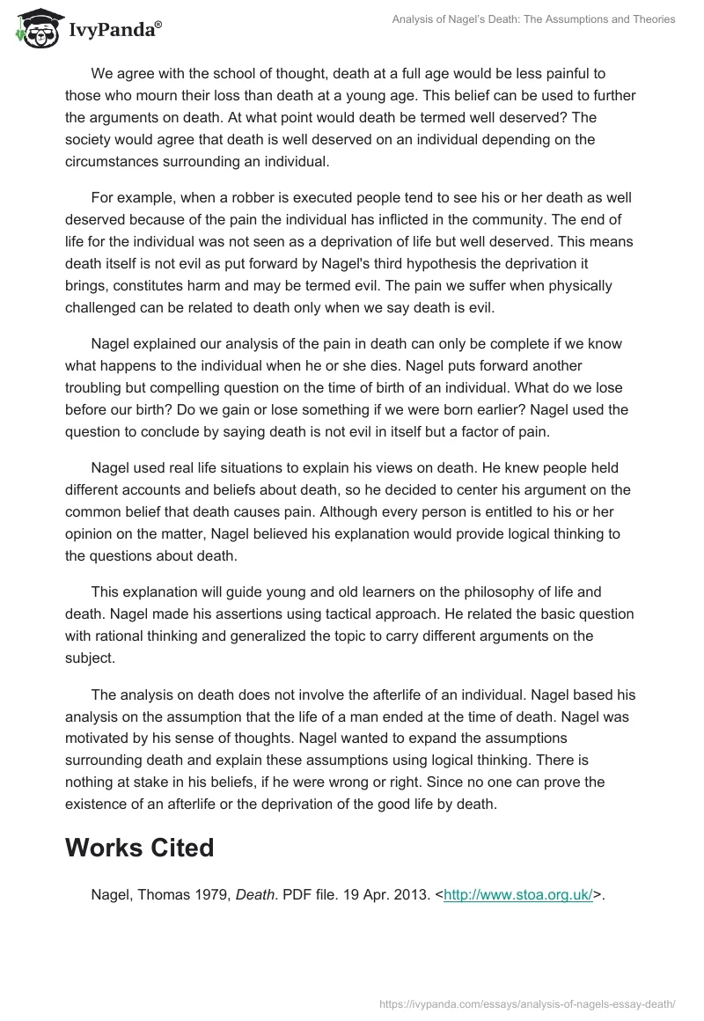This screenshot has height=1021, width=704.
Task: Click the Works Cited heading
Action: [139, 847]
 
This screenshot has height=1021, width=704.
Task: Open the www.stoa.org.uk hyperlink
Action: [517, 894]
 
